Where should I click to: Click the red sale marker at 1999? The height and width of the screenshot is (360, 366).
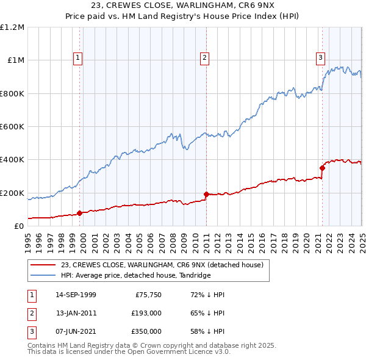pos(80,213)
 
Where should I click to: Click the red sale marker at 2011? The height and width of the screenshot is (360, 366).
pos(206,194)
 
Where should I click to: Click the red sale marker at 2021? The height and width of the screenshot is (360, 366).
pos(322,168)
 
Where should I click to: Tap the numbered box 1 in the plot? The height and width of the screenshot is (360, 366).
pos(79,58)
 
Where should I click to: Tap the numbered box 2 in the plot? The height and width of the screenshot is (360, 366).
pos(204,58)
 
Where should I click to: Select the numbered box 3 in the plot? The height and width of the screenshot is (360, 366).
pos(320,58)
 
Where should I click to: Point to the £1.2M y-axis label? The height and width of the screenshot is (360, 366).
pos(12,27)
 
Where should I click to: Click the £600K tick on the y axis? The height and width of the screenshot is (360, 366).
pos(12,127)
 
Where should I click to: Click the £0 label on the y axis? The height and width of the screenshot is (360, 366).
pos(20,226)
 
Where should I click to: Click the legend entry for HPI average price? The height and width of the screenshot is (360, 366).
pos(135,276)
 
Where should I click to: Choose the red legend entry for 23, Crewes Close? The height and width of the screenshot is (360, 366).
pos(162,265)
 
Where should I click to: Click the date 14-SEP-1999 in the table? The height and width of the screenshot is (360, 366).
pos(76,295)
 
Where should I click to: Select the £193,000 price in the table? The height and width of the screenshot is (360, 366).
pos(146,313)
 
